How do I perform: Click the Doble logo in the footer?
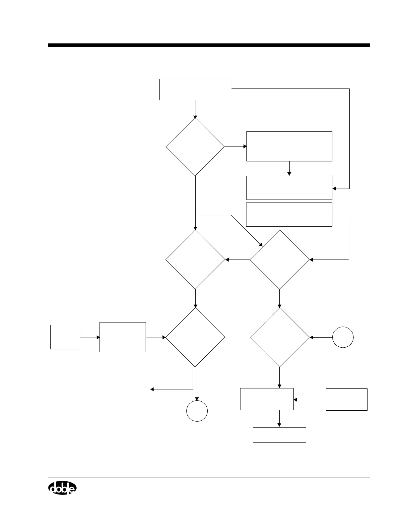click(x=62, y=488)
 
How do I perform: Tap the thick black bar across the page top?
click(x=209, y=45)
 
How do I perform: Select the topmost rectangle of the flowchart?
click(x=195, y=89)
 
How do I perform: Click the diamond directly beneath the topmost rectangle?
click(x=195, y=147)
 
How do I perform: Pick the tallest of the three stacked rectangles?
click(x=289, y=146)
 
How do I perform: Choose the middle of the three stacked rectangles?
click(x=289, y=188)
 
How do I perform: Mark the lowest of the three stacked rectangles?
click(x=289, y=214)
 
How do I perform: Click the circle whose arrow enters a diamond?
click(x=343, y=337)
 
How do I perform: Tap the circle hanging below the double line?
click(x=197, y=411)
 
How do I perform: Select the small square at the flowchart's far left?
click(x=65, y=337)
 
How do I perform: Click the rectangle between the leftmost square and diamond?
click(x=123, y=337)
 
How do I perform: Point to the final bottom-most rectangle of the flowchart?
click(x=279, y=435)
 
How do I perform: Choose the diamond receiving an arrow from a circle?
click(x=280, y=337)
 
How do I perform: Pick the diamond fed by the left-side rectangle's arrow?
click(x=195, y=337)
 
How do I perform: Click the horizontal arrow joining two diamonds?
click(x=237, y=260)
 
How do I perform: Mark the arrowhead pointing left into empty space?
click(x=152, y=389)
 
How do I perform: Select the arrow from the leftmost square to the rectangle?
click(x=90, y=337)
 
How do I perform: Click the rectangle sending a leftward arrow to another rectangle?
click(x=346, y=399)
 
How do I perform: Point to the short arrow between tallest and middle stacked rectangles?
click(x=289, y=169)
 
